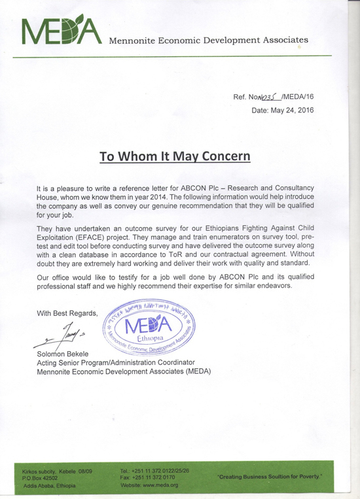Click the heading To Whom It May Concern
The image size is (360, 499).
[x=174, y=157]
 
